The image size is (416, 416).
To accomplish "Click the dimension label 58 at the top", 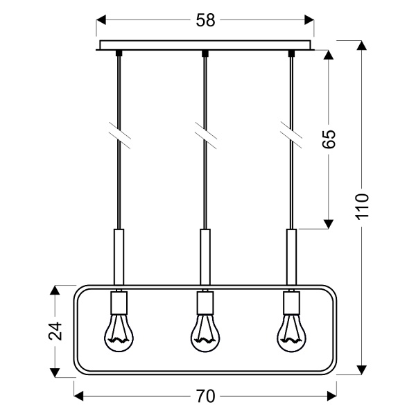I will click(205, 21).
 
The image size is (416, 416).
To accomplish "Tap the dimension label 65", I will click(329, 139).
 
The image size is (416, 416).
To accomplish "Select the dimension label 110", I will click(364, 207).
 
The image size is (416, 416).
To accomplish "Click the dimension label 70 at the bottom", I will click(205, 396).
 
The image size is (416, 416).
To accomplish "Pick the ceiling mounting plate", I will click(205, 45).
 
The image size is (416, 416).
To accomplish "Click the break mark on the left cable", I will click(118, 133).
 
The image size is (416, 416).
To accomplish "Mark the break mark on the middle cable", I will click(205, 133).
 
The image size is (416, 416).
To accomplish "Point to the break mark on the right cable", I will click(291, 133).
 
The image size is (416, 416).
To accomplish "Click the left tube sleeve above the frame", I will click(118, 257).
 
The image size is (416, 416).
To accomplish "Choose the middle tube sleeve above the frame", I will click(205, 257).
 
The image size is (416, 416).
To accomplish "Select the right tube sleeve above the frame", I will click(291, 257).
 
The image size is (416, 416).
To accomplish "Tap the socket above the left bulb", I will click(118, 302).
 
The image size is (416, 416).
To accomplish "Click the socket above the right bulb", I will click(291, 302).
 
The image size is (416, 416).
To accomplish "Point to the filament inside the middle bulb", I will click(205, 340).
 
